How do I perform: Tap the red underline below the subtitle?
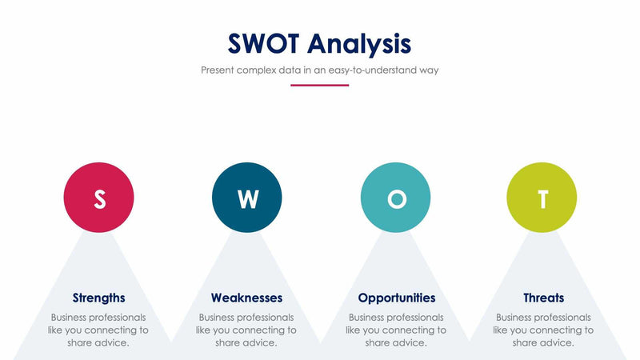point(319,85)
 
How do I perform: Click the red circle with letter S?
point(98,198)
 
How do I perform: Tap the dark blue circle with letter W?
point(247,198)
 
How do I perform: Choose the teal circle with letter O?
point(396,198)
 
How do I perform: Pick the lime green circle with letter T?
point(542,198)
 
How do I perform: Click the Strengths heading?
point(98,298)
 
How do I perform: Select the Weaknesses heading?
point(246,298)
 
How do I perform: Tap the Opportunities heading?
point(397,298)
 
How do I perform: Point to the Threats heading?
point(543,298)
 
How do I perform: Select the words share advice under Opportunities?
point(396,342)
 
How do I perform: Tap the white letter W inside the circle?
point(247,198)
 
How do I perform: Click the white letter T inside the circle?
point(542,198)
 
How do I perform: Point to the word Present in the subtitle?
point(220,70)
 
